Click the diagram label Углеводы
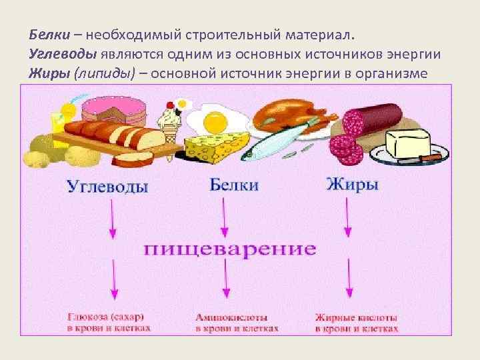point(107,187)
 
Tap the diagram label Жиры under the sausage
point(353,185)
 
